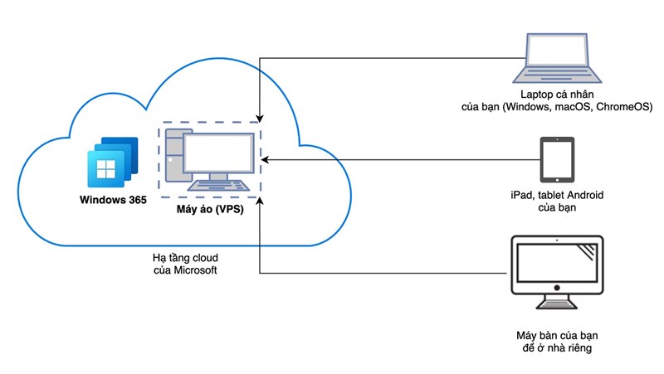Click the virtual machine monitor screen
tap(217, 153)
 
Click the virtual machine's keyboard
tap(225, 187)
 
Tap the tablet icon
tap(555, 160)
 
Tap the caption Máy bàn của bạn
tap(556, 335)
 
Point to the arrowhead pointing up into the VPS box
tap(261, 202)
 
